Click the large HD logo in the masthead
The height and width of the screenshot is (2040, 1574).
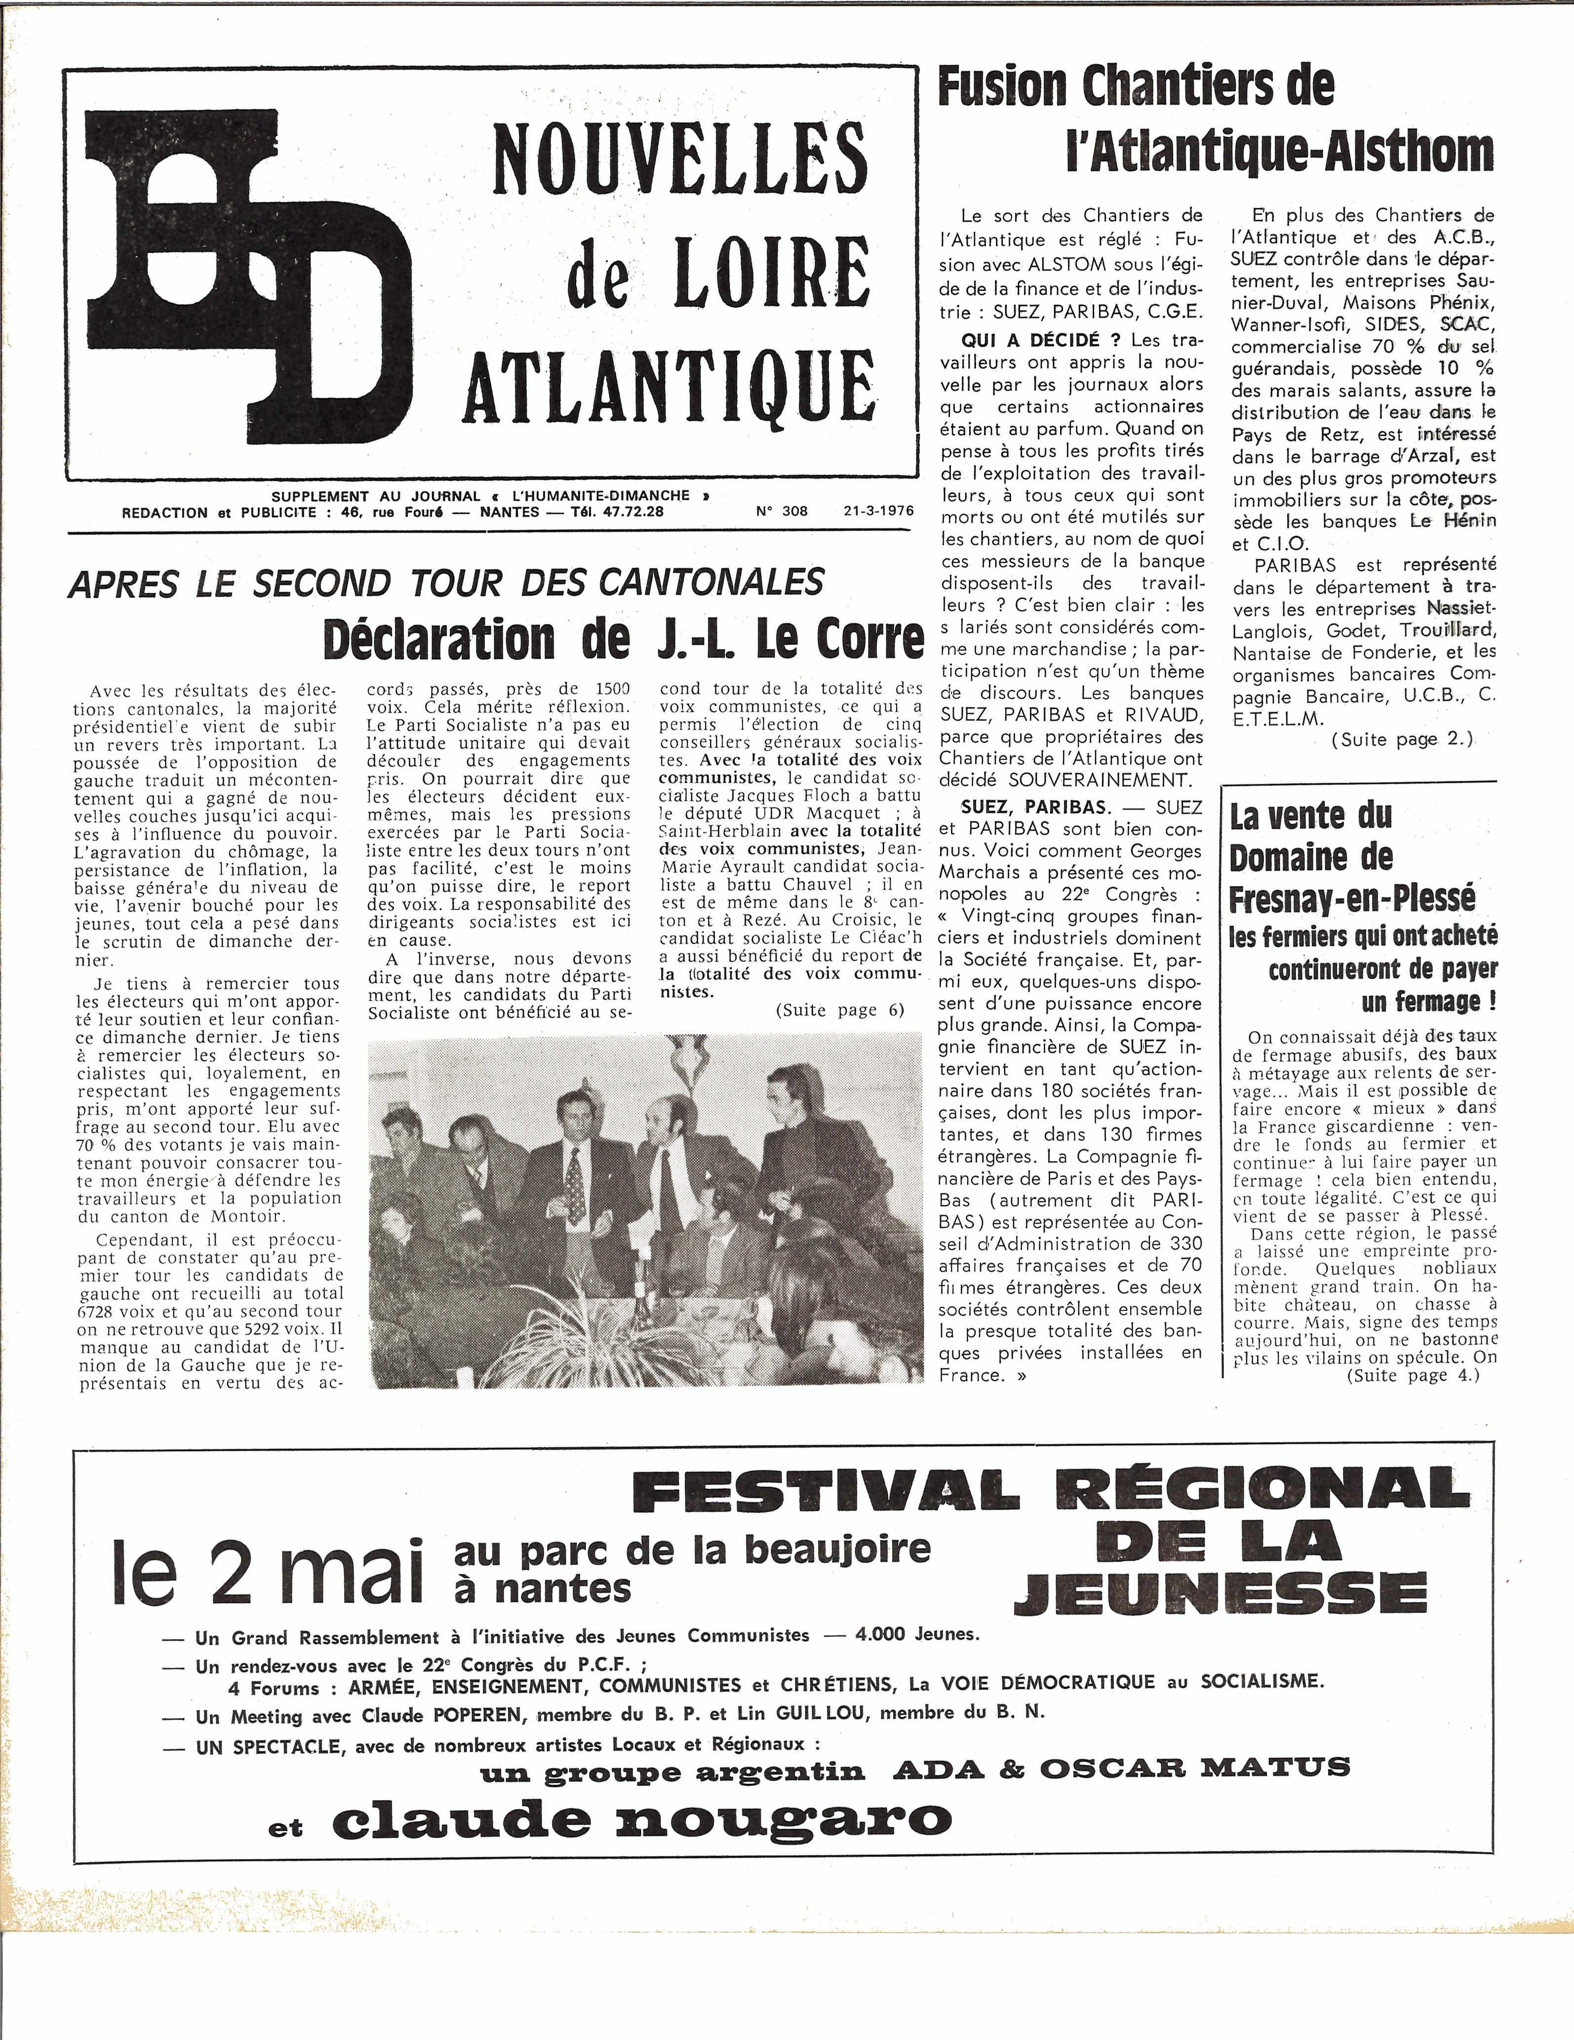pyautogui.click(x=247, y=280)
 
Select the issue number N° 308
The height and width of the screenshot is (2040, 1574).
pyautogui.click(x=782, y=511)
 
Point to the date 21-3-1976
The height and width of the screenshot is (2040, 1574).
pyautogui.click(x=877, y=511)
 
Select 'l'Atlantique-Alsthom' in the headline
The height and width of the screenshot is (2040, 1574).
pyautogui.click(x=1280, y=152)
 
